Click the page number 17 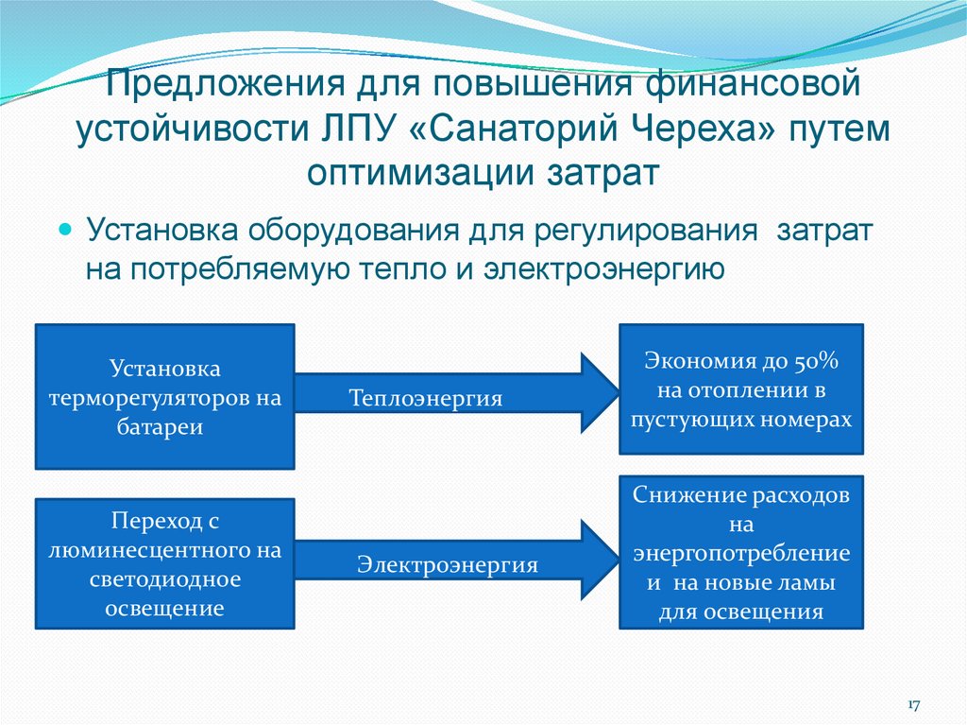(x=914, y=705)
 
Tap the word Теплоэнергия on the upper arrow (x=425, y=398)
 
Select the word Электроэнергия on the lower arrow (x=447, y=565)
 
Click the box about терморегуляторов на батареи (x=165, y=396)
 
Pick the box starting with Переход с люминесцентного (x=165, y=564)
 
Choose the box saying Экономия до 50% (x=741, y=389)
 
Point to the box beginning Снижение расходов (x=741, y=553)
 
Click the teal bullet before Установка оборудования (x=66, y=231)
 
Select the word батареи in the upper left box (x=165, y=426)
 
